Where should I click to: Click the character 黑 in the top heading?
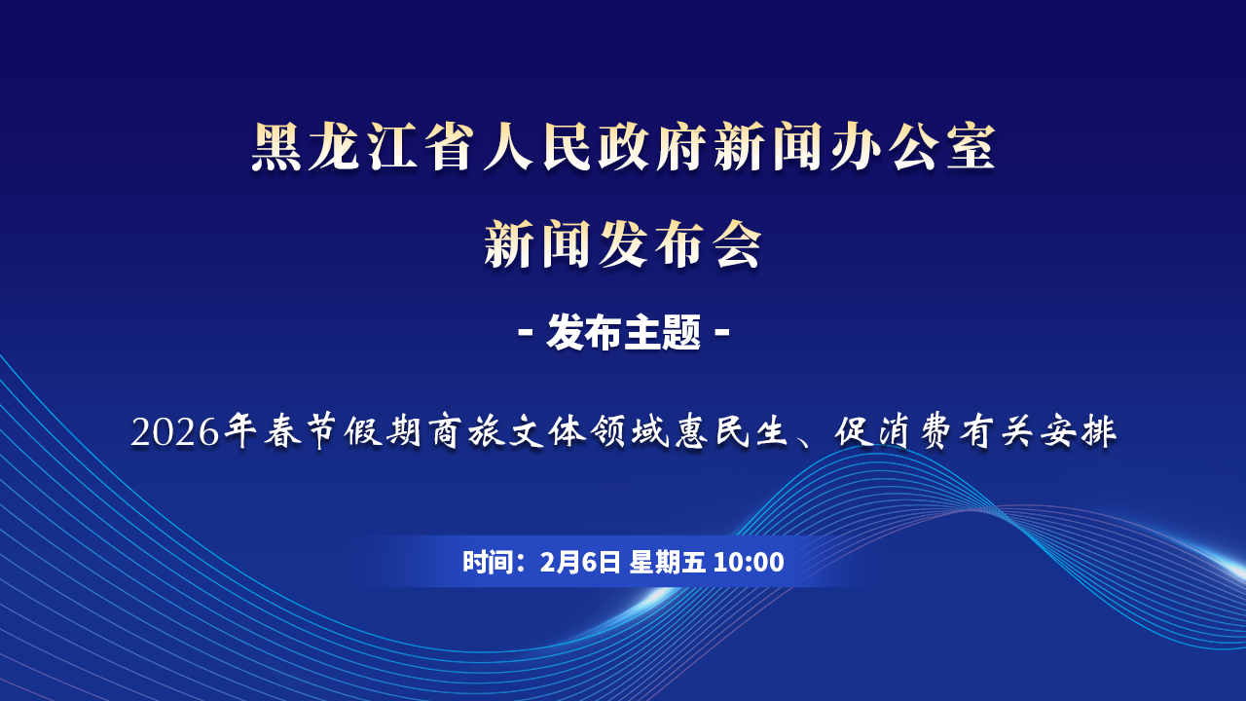[x=276, y=147]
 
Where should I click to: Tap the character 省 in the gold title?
[x=449, y=147]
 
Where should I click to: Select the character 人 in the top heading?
[x=508, y=147]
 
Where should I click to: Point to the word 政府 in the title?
[x=652, y=147]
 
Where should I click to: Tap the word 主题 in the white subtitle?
[x=663, y=333]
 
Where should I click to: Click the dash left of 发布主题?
[x=526, y=333]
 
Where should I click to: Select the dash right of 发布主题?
[x=721, y=333]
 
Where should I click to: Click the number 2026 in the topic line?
[x=175, y=432]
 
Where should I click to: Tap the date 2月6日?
[x=580, y=562]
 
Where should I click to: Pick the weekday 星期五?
[x=668, y=562]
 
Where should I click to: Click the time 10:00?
[x=750, y=562]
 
